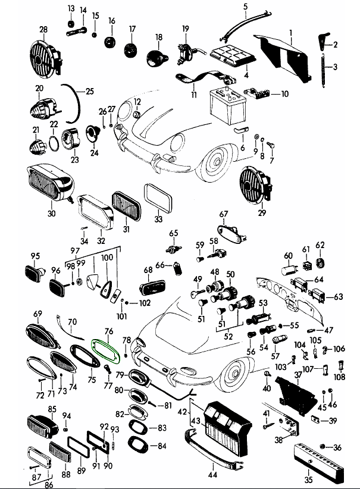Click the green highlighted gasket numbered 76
[105, 349]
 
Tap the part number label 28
[43, 29]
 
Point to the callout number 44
[213, 475]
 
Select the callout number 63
[339, 296]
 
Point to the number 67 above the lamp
[224, 214]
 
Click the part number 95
[35, 256]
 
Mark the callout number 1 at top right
[291, 31]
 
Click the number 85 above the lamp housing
[52, 409]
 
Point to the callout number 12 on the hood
[137, 102]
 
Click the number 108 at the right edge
[339, 377]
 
